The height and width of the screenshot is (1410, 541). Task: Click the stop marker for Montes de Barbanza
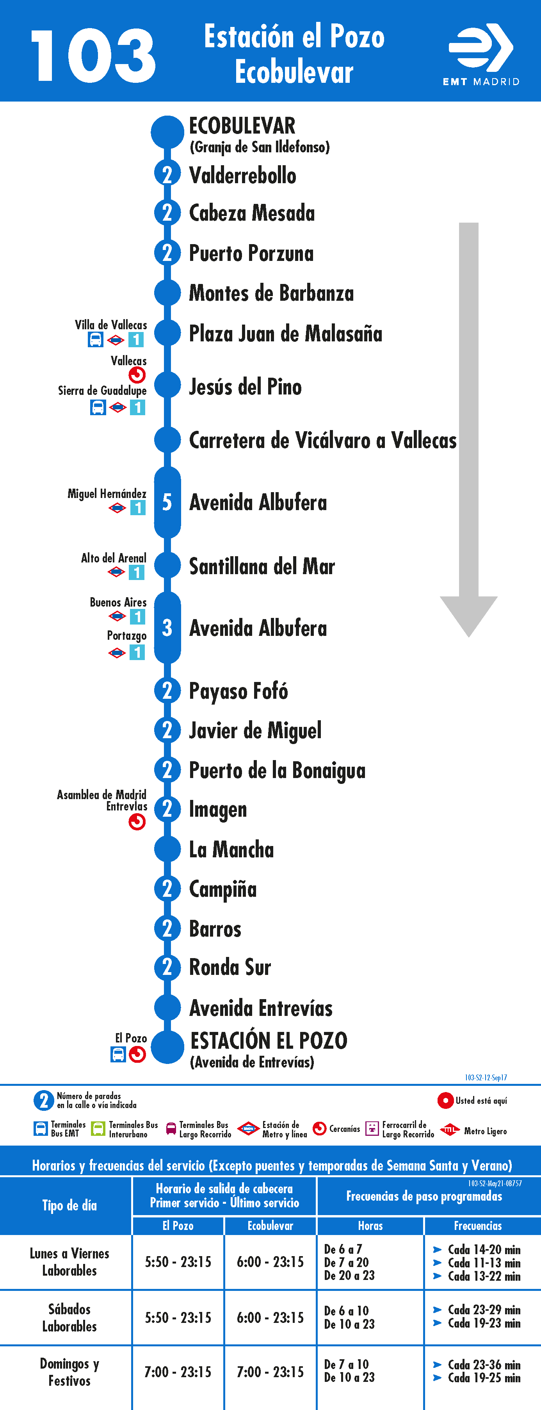tap(167, 293)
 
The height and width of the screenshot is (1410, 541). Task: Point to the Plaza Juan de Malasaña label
tap(286, 333)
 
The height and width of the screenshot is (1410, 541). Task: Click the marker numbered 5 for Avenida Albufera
tap(167, 502)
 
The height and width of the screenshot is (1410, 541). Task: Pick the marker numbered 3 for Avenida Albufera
tap(167, 628)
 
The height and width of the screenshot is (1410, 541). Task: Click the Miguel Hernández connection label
tap(107, 494)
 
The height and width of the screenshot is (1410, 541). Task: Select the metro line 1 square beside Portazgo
tap(137, 652)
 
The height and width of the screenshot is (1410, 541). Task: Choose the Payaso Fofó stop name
tap(238, 691)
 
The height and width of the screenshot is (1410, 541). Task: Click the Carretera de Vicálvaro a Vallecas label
tap(323, 440)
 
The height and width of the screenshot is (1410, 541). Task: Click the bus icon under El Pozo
tap(118, 1054)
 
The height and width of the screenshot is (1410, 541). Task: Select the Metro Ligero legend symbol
tap(450, 1129)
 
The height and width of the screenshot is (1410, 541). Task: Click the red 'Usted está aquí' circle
tap(445, 1100)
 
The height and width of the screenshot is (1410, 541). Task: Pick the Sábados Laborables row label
tap(69, 1317)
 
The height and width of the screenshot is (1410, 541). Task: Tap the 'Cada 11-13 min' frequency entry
tap(484, 1263)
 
